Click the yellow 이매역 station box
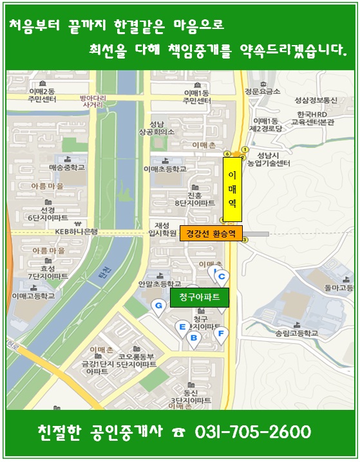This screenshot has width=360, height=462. pyautogui.click(x=232, y=189)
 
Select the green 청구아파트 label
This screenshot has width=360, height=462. pyautogui.click(x=195, y=297)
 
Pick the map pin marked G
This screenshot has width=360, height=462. pyautogui.click(x=157, y=306)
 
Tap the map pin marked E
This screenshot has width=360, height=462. pyautogui.click(x=182, y=328)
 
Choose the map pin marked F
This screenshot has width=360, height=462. pyautogui.click(x=221, y=333)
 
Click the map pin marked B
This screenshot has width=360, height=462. pyautogui.click(x=192, y=338)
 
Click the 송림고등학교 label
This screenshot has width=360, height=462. pyautogui.click(x=296, y=333)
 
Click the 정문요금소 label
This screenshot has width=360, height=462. pyautogui.click(x=262, y=91)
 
